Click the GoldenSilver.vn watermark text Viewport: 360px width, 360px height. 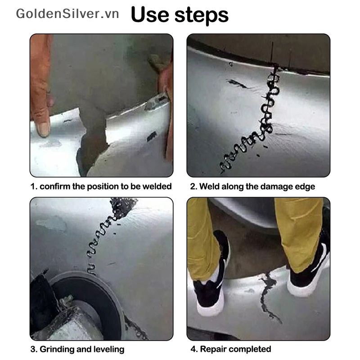click(x=67, y=13)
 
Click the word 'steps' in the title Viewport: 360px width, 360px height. click(x=201, y=15)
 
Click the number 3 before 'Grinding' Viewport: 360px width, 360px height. click(x=33, y=349)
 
